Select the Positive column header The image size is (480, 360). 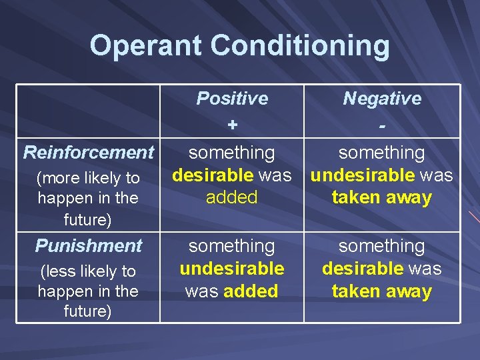[232, 99]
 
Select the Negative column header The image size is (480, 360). [382, 99]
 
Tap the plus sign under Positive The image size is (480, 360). [232, 125]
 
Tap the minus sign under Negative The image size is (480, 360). [382, 125]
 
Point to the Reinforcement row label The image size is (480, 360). [89, 153]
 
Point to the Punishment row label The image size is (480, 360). [89, 246]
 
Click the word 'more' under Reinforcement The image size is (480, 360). [57, 179]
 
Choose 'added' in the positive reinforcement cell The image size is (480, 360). [232, 197]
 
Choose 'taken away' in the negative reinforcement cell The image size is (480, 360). [382, 198]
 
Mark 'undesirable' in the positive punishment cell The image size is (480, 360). [232, 269]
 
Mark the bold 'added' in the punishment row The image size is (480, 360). [251, 291]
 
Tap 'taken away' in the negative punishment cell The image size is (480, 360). [382, 291]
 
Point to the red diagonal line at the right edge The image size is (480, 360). [473, 217]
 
